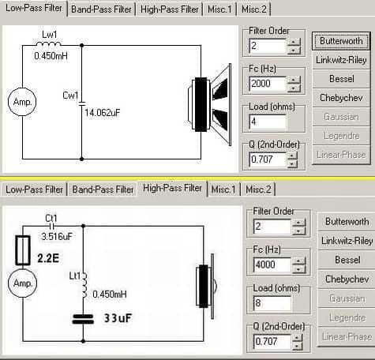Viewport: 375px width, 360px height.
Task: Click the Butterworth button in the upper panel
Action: [341, 41]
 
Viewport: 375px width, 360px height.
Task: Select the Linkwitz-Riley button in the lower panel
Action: [347, 241]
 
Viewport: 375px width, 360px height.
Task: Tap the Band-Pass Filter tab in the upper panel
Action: [101, 9]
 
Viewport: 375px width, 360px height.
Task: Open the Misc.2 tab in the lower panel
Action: [258, 189]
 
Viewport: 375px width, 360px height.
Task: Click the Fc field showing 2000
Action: [268, 84]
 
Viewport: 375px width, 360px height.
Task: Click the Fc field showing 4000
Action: [272, 264]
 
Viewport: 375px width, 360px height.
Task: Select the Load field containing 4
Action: [268, 122]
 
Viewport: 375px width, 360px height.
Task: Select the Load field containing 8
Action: [272, 303]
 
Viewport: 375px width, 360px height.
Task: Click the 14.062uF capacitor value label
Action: [103, 113]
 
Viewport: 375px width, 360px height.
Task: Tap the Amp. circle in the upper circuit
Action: [22, 102]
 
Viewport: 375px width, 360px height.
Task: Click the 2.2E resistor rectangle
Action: [23, 250]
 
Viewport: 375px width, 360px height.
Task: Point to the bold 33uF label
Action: [118, 318]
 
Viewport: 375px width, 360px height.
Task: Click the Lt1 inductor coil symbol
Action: [84, 285]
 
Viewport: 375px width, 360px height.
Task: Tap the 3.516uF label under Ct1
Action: [57, 236]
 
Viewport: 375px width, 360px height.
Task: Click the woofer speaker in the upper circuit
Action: [210, 104]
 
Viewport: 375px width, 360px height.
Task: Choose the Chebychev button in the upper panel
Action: [341, 98]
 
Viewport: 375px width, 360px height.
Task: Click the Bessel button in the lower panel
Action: [347, 260]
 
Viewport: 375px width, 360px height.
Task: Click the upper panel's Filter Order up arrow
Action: [294, 42]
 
